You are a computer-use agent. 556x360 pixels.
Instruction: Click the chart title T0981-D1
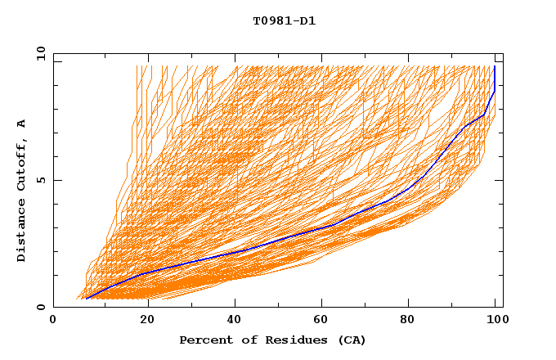[284, 21]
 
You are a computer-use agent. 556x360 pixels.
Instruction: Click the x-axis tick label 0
[53, 320]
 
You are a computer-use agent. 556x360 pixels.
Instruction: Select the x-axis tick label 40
[236, 320]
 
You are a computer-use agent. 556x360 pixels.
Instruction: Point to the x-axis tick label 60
[325, 320]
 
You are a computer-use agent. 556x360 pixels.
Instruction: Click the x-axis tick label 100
[495, 320]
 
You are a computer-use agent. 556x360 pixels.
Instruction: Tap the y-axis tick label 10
[40, 53]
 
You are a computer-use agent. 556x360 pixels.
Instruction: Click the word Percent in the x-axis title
[204, 340]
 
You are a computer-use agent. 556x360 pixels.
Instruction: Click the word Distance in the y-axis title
[21, 233]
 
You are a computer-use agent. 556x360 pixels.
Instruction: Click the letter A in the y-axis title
[21, 124]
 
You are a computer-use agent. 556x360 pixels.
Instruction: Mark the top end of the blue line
[495, 66]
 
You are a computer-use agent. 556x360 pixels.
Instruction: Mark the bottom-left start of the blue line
[86, 299]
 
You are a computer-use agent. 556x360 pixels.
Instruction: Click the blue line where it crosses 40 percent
[236, 251]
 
